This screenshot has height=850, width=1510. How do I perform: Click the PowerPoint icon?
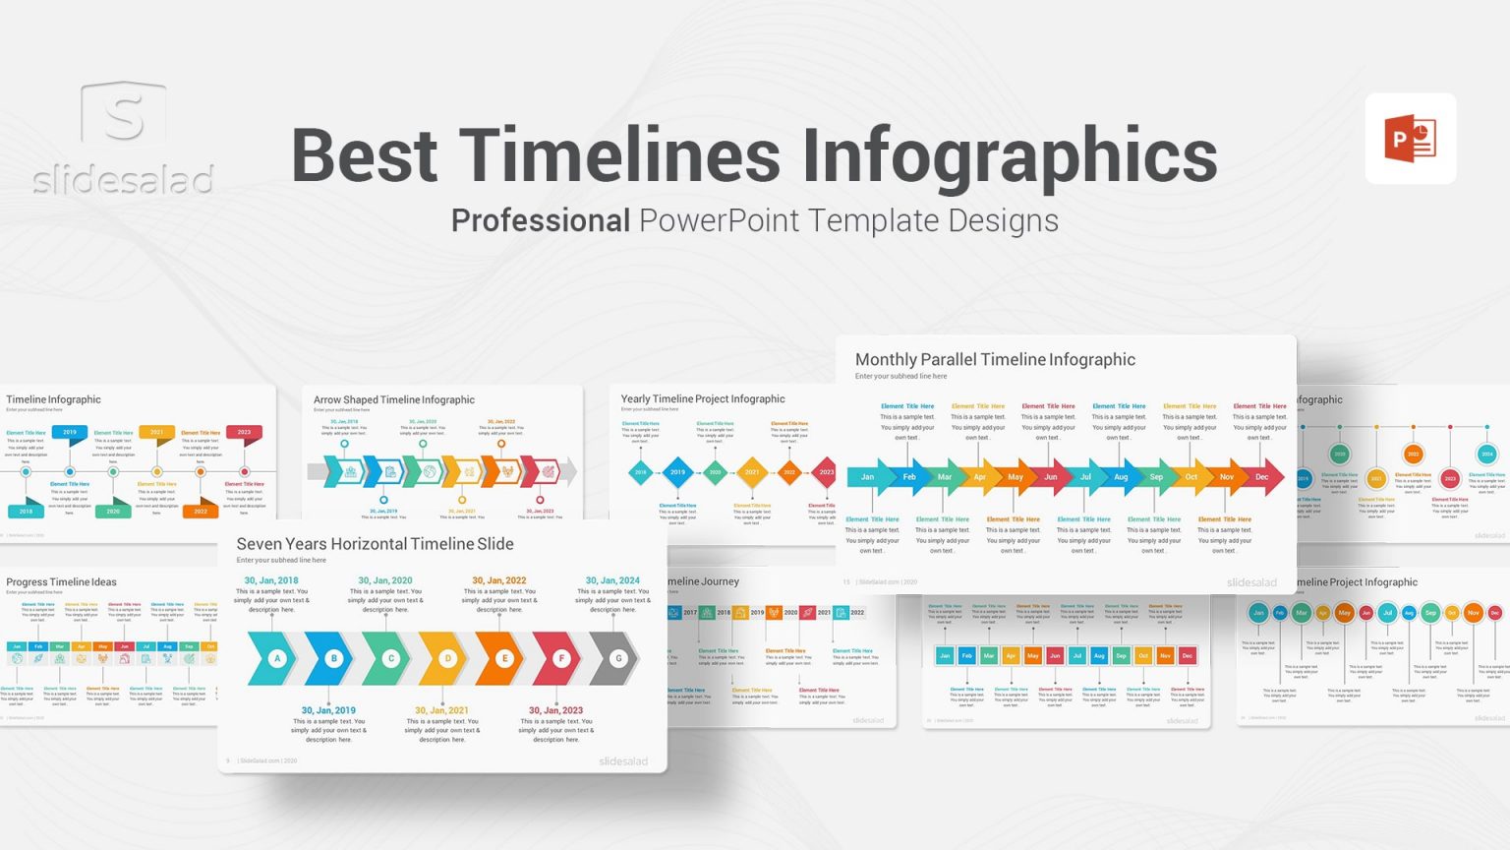1410,139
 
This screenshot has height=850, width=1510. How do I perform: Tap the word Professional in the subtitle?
540,220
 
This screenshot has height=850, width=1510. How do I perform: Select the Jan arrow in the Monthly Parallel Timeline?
868,477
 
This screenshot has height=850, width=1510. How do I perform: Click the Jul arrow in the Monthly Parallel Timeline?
1085,477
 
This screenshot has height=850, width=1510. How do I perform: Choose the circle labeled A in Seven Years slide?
277,658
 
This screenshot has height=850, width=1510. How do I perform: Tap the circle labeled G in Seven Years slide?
618,658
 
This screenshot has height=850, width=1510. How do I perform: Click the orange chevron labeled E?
504,658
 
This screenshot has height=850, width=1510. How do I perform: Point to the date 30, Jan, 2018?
271,580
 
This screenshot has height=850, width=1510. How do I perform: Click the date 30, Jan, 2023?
555,710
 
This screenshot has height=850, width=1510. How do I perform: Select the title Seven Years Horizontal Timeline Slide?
375,544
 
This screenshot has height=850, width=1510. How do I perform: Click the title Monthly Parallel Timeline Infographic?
995,360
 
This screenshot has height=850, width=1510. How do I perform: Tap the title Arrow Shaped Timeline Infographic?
393,399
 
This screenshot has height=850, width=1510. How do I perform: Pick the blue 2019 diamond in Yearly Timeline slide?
677,472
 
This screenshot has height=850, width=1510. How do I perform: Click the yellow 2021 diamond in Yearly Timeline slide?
752,472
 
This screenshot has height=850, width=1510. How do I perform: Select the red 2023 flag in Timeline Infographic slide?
244,432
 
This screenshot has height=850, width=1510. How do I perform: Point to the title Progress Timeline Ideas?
61,582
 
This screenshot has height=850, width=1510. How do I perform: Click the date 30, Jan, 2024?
612,580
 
